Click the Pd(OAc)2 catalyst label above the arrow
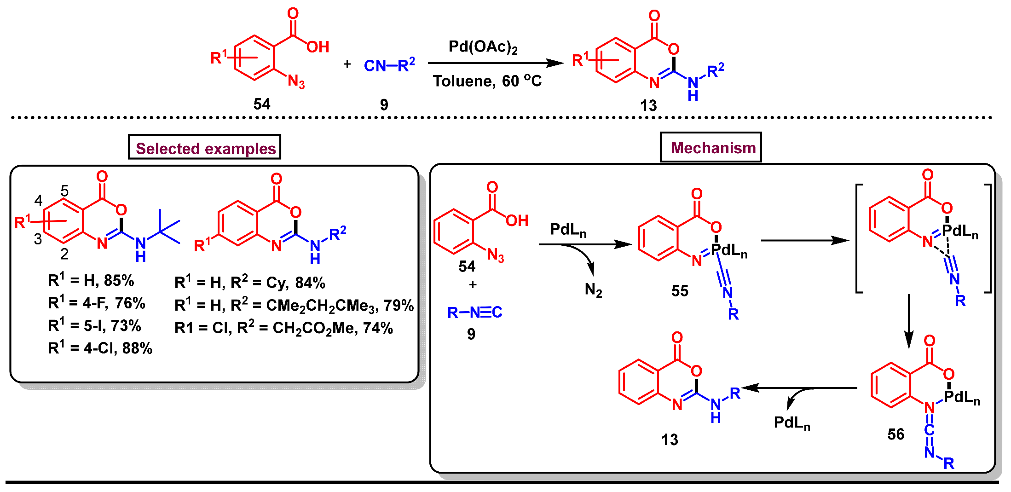pyautogui.click(x=483, y=47)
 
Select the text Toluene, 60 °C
pyautogui.click(x=487, y=81)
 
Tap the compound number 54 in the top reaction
pyautogui.click(x=262, y=104)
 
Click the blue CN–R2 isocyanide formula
pyautogui.click(x=389, y=65)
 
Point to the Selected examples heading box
pyautogui.click(x=205, y=148)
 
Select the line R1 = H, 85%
pyautogui.click(x=91, y=280)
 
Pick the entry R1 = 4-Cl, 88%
pyautogui.click(x=100, y=348)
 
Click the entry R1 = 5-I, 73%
pyautogui.click(x=94, y=326)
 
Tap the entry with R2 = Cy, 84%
pyautogui.click(x=249, y=282)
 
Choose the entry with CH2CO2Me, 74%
pyautogui.click(x=283, y=328)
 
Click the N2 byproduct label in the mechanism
pyautogui.click(x=593, y=289)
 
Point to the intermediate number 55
pyautogui.click(x=679, y=291)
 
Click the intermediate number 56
pyautogui.click(x=895, y=434)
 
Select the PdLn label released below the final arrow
pyautogui.click(x=791, y=423)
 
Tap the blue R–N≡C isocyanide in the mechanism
pyautogui.click(x=474, y=313)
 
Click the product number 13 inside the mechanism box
pyautogui.click(x=669, y=440)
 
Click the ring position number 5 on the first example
pyautogui.click(x=64, y=191)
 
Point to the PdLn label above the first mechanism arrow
pyautogui.click(x=568, y=230)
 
